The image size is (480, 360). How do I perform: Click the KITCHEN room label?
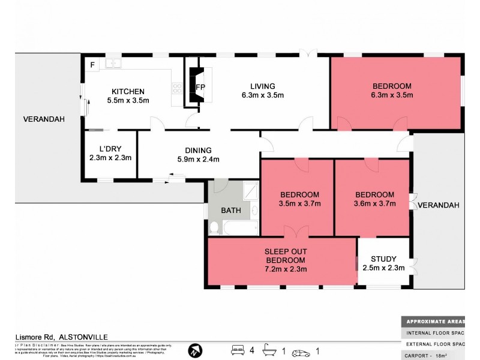[127, 91]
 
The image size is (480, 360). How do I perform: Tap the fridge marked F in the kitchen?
[93, 64]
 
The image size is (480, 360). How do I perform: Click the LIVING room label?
[262, 86]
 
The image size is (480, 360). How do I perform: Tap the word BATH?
[231, 211]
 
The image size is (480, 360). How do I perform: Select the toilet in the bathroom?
[214, 227]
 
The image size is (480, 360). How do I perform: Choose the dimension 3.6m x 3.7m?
[374, 203]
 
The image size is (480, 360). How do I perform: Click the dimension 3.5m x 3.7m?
[300, 203]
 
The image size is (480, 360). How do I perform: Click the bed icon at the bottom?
[238, 349]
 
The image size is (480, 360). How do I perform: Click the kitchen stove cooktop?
[178, 89]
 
